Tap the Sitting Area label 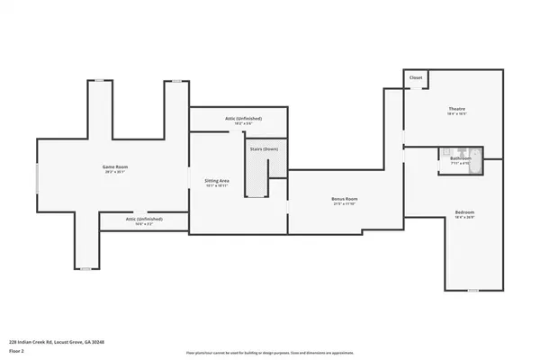pos(217,181)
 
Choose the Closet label pos(415,78)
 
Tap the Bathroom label pos(460,158)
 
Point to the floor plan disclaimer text pos(270,352)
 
